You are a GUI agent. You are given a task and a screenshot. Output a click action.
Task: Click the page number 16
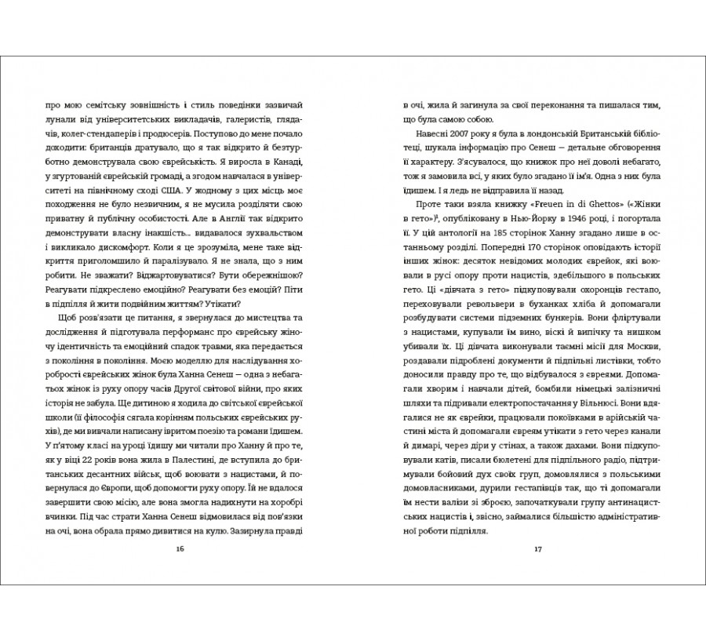pos(180,547)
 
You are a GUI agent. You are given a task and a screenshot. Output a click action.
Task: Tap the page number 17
pos(538,547)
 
